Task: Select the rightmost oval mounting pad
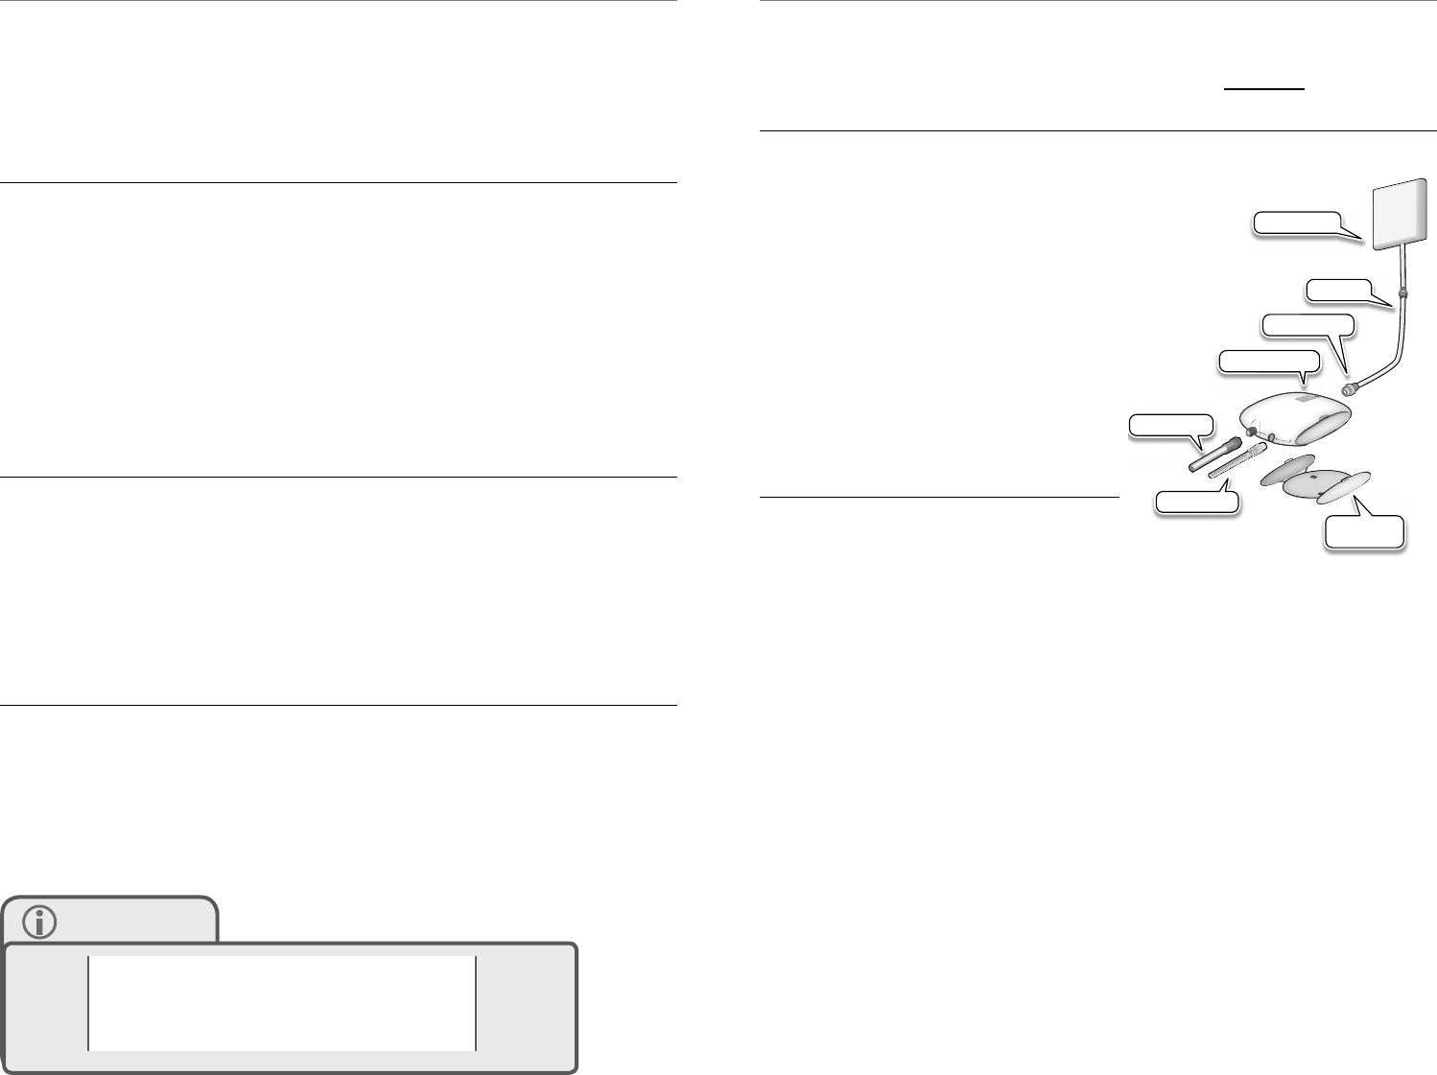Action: pyautogui.click(x=1344, y=489)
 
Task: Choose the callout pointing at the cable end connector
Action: pyautogui.click(x=1307, y=324)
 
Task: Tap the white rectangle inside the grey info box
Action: pyautogui.click(x=282, y=1002)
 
